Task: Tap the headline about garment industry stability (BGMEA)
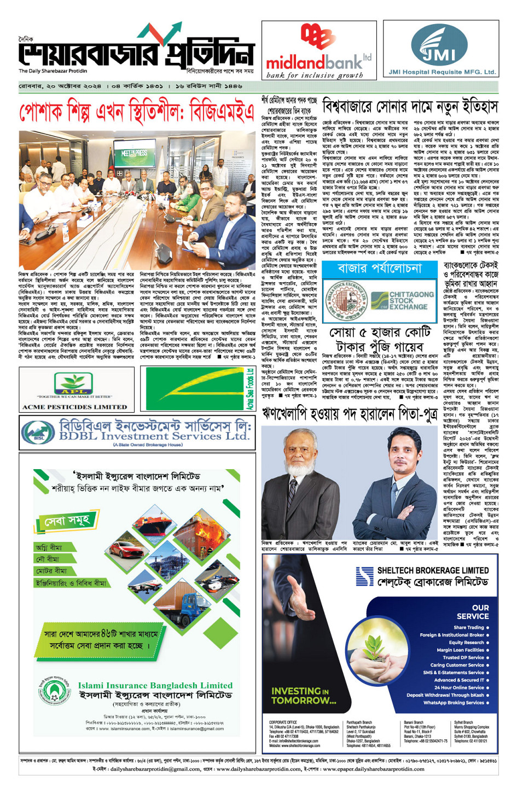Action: click(137, 113)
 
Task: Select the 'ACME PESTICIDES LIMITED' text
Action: click(74, 407)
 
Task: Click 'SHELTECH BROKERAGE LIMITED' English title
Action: click(433, 570)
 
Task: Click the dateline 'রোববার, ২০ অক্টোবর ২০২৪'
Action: click(60, 86)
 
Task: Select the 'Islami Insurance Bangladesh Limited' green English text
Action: click(155, 685)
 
